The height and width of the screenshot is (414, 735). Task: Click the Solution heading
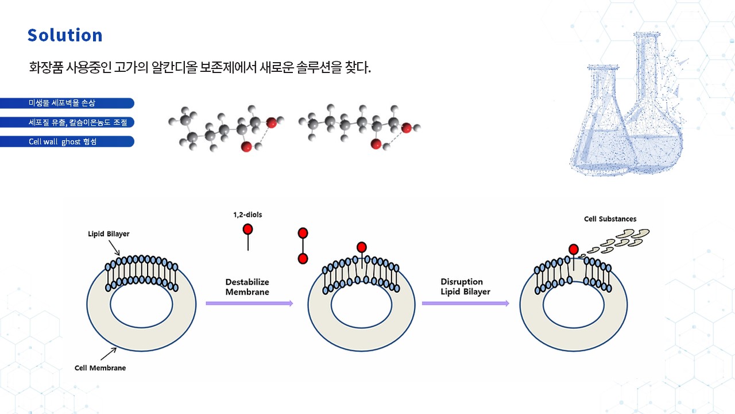(65, 35)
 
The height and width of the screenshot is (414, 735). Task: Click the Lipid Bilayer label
(109, 234)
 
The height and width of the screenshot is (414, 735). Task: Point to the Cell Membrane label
(100, 367)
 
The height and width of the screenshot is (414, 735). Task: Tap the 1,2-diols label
(247, 214)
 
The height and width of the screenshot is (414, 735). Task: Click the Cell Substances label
(610, 219)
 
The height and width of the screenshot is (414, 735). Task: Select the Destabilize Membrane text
(247, 287)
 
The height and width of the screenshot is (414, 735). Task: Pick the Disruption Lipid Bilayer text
(462, 286)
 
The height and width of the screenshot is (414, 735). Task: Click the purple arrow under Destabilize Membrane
(249, 303)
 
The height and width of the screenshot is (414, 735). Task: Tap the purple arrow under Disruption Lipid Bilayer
(465, 303)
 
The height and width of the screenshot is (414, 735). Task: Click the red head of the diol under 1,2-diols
(247, 229)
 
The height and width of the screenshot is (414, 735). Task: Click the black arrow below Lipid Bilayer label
(114, 247)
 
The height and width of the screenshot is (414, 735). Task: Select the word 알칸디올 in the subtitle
(172, 67)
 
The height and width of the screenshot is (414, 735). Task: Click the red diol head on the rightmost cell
(573, 249)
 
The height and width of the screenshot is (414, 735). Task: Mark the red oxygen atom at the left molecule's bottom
(246, 147)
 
